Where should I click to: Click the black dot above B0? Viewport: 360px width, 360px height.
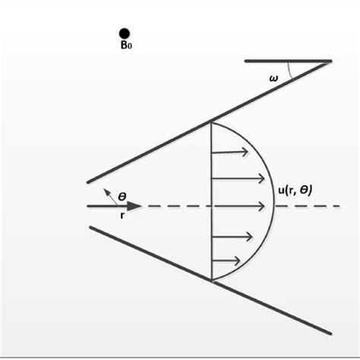pos(124,33)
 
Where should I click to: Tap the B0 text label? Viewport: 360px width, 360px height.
pos(125,46)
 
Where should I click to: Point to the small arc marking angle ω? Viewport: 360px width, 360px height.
pos(289,70)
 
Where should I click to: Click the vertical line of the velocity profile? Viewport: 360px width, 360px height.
pos(210,228)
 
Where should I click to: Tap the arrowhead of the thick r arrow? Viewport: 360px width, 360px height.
pos(134,206)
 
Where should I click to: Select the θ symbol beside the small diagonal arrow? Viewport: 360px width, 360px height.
pos(122,195)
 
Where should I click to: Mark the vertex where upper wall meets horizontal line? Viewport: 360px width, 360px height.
pos(330,60)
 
